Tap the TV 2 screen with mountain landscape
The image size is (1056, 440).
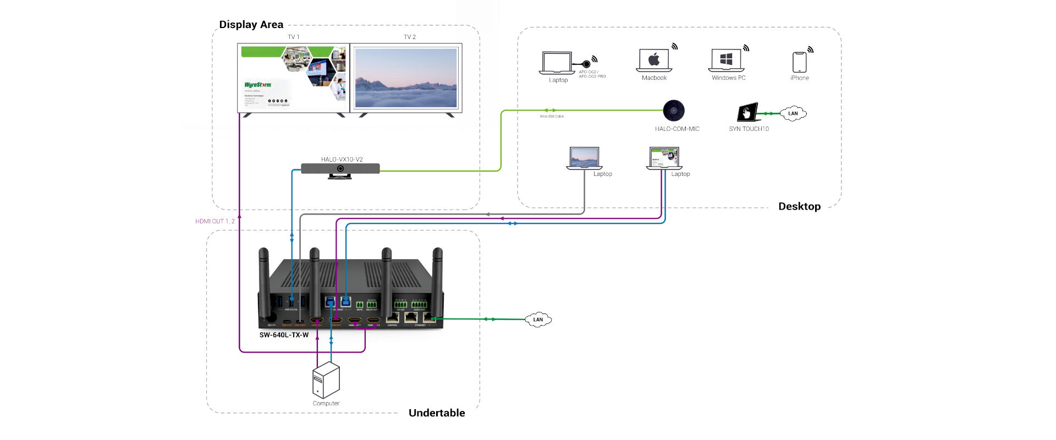point(406,78)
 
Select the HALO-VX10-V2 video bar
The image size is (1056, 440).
point(340,169)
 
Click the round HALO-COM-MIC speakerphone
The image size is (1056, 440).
point(673,111)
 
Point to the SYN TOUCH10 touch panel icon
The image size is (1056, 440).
point(747,112)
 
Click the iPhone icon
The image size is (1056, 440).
point(799,62)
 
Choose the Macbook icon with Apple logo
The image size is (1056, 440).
point(654,60)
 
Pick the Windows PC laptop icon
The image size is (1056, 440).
point(726,60)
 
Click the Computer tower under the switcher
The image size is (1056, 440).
point(326,380)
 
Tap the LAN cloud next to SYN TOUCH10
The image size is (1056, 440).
point(793,114)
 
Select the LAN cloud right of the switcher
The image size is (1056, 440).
point(538,320)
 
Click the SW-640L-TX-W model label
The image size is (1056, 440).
point(284,335)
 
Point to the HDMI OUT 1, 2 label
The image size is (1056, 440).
point(215,221)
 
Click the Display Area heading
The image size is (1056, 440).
point(251,25)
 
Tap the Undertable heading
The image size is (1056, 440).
point(437,413)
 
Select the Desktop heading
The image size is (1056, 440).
point(799,207)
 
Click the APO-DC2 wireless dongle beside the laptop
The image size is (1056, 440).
point(586,64)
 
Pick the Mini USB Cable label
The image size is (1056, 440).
point(552,117)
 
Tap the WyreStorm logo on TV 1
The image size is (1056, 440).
point(257,85)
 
